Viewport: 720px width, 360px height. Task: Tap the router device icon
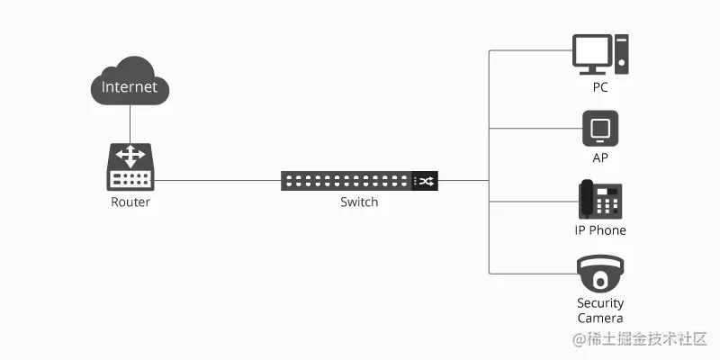click(x=130, y=166)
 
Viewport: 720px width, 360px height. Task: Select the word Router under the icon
click(x=130, y=202)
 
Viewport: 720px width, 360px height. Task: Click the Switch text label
click(x=359, y=202)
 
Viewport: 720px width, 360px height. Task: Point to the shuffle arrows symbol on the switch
click(x=427, y=181)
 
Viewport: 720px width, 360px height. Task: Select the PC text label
click(x=600, y=88)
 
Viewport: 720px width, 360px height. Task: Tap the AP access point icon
click(x=600, y=128)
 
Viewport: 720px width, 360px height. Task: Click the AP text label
click(x=600, y=157)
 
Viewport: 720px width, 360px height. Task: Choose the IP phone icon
click(x=600, y=199)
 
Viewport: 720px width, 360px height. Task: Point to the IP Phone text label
click(x=600, y=230)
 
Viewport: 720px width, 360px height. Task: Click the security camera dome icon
click(x=600, y=273)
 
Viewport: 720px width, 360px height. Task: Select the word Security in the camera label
click(x=600, y=303)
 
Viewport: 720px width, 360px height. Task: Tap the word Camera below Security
click(x=600, y=319)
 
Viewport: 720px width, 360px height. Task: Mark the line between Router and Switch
click(x=216, y=181)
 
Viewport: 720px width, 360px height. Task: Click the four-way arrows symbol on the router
click(x=130, y=156)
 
